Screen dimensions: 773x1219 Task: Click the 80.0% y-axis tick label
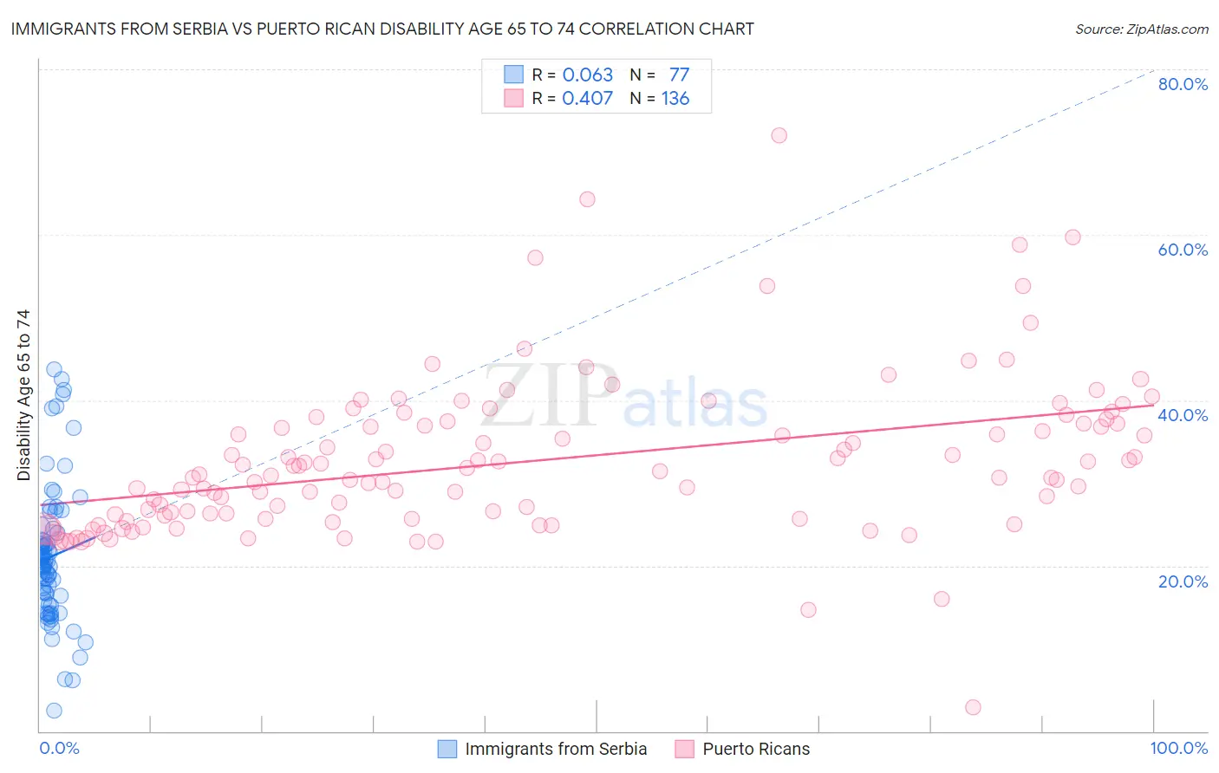[x=1183, y=84]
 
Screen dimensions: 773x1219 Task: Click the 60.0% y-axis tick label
[x=1183, y=250]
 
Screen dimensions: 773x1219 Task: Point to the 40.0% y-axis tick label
[x=1183, y=415]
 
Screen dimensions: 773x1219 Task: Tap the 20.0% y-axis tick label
[x=1183, y=581]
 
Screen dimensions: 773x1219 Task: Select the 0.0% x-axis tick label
[x=59, y=748]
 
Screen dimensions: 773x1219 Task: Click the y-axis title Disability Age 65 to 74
[x=23, y=395]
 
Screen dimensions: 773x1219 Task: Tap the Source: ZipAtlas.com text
[x=1142, y=29]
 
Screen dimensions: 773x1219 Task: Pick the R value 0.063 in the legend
[x=587, y=75]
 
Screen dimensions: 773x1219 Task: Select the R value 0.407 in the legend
[x=587, y=99]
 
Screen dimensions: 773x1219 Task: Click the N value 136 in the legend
[x=675, y=99]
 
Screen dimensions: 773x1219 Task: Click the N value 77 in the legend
[x=679, y=75]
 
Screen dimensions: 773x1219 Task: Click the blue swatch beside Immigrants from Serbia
[x=447, y=749]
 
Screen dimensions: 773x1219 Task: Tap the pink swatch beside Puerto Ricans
[x=685, y=749]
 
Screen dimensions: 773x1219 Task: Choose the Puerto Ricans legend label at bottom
[x=756, y=749]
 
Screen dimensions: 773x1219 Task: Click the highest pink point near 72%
[x=779, y=135]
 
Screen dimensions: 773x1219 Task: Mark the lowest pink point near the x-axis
[x=973, y=707]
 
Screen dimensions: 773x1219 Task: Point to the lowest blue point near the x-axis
[x=54, y=711]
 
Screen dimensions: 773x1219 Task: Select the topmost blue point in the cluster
[x=54, y=370]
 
